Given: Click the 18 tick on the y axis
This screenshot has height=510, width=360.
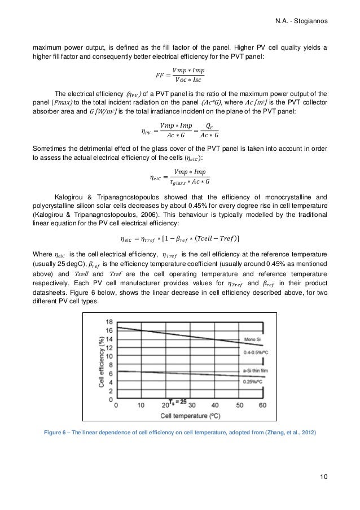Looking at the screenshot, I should [108, 321].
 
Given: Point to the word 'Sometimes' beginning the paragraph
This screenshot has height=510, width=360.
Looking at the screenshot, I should [49, 148].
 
